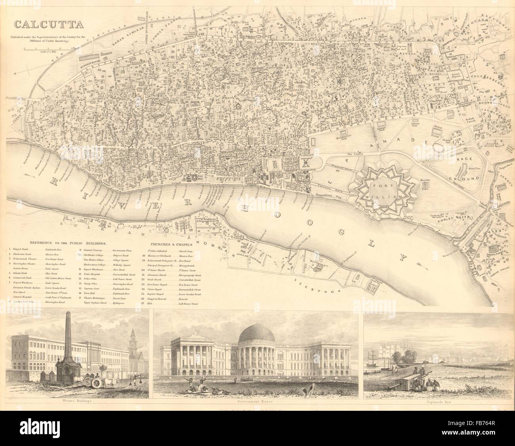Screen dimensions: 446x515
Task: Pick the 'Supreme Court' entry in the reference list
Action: coord(91,289)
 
